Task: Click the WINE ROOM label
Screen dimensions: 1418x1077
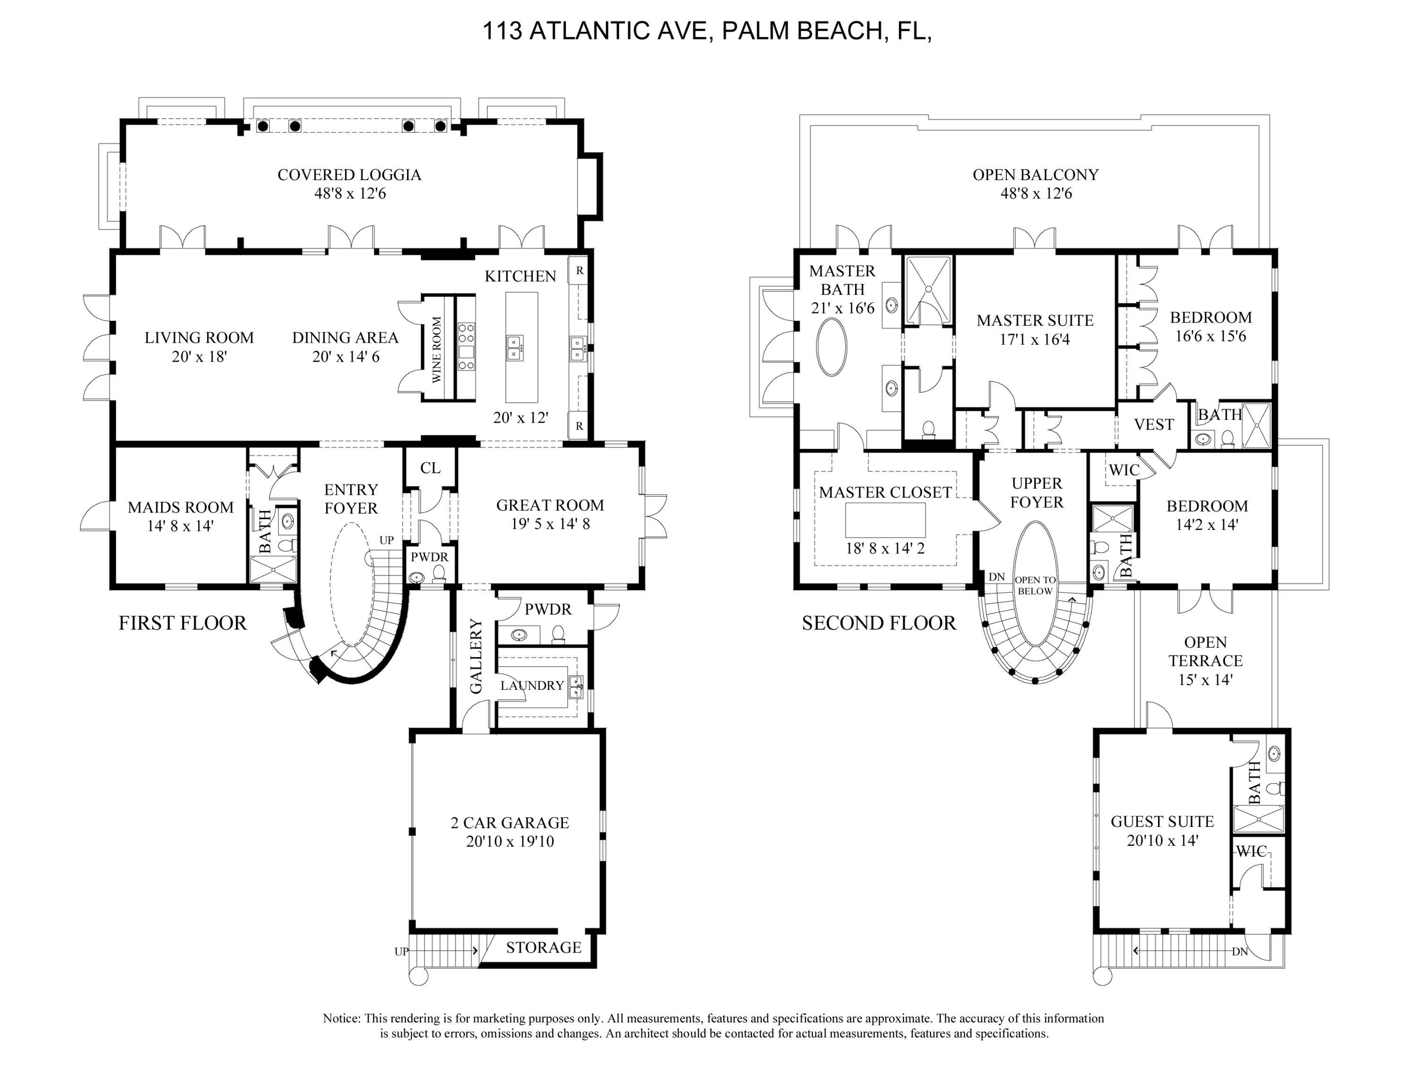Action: [437, 349]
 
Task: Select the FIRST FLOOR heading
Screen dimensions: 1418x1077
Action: [183, 623]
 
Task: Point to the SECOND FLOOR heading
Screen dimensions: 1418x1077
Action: [878, 623]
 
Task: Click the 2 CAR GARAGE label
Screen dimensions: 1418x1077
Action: [510, 823]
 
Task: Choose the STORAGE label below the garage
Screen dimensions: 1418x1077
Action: [544, 947]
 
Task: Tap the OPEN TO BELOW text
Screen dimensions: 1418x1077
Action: [1035, 585]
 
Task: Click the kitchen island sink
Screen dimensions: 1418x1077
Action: [515, 347]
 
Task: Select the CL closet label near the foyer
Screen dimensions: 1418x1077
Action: [430, 468]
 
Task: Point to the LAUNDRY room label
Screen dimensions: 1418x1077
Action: [532, 686]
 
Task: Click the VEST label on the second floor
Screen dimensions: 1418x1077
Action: [1154, 425]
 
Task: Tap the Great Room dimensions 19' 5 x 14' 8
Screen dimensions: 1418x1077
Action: [550, 524]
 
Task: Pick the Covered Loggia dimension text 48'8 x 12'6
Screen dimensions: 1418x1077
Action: [350, 193]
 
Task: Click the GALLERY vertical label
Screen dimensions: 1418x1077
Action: [476, 656]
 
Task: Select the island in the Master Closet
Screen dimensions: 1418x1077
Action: [885, 520]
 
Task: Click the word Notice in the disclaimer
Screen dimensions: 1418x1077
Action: [342, 1018]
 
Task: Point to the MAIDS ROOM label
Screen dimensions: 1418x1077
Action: [180, 508]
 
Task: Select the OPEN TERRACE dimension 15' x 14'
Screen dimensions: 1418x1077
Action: [1205, 679]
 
